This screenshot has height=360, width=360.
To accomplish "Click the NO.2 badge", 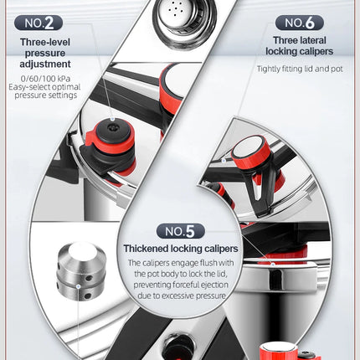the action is (x=39, y=23).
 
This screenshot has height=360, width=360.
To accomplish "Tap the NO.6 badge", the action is (x=299, y=23).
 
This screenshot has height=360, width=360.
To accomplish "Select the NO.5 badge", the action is (x=181, y=231).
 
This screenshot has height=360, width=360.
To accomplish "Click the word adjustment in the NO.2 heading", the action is (x=45, y=64).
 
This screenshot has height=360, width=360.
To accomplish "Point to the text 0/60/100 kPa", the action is (x=45, y=78).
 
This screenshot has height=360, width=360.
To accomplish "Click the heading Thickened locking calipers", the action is (x=181, y=249).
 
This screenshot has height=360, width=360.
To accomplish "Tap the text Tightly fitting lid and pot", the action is (x=300, y=69).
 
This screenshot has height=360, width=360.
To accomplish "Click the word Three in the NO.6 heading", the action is (x=285, y=40).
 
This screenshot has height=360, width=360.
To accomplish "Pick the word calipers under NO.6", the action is (x=316, y=51).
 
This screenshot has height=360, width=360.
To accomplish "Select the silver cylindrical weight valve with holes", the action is (x=82, y=271).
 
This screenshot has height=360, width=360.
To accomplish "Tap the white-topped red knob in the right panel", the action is (x=250, y=151).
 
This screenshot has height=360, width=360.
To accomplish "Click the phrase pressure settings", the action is (x=46, y=95).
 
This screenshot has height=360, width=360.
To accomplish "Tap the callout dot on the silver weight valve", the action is (x=79, y=286).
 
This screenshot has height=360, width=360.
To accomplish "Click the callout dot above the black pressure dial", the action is (x=112, y=119).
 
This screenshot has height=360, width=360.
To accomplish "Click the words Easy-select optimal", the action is (x=44, y=87).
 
